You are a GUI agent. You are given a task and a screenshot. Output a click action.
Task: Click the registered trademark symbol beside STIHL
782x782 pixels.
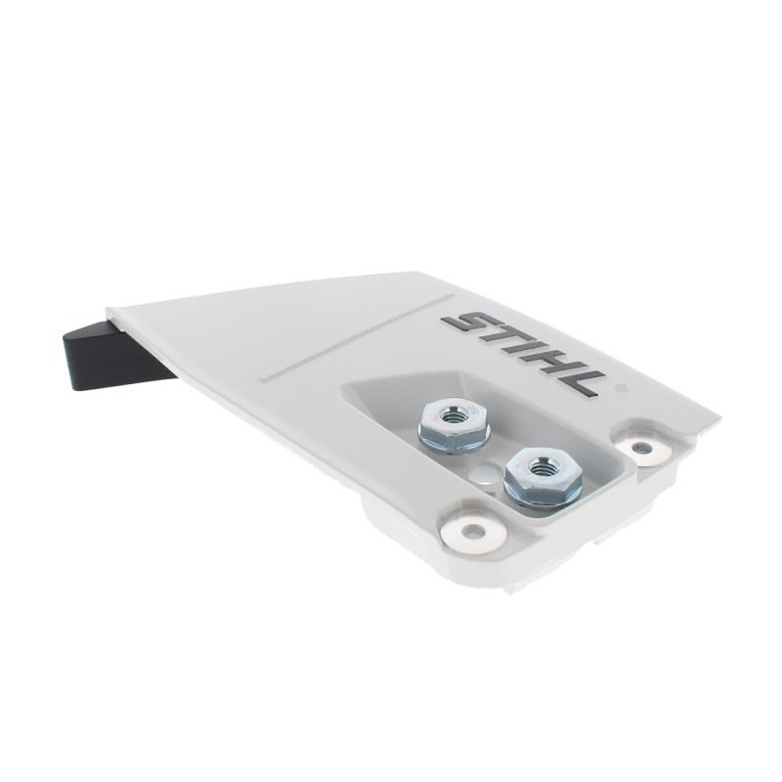(620, 386)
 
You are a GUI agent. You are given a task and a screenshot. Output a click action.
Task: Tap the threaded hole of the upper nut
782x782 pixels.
(455, 414)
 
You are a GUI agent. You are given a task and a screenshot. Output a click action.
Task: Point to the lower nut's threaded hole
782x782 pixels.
(538, 466)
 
